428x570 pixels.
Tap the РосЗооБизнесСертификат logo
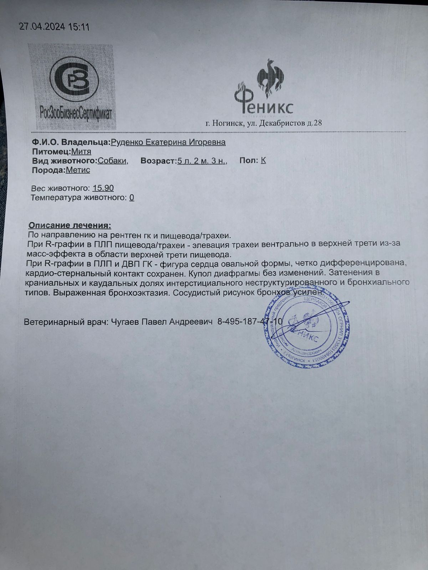click(76, 87)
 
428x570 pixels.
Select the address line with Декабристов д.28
click(264, 123)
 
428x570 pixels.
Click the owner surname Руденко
click(127, 142)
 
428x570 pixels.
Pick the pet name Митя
click(81, 151)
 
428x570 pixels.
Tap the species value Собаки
click(112, 161)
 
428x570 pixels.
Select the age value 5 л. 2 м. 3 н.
click(202, 161)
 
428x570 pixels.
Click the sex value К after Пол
click(263, 160)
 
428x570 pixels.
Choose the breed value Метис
click(78, 170)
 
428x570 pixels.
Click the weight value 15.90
click(103, 188)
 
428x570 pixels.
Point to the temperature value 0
click(132, 197)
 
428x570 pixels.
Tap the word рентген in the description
click(111, 235)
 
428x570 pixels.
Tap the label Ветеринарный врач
click(63, 322)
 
